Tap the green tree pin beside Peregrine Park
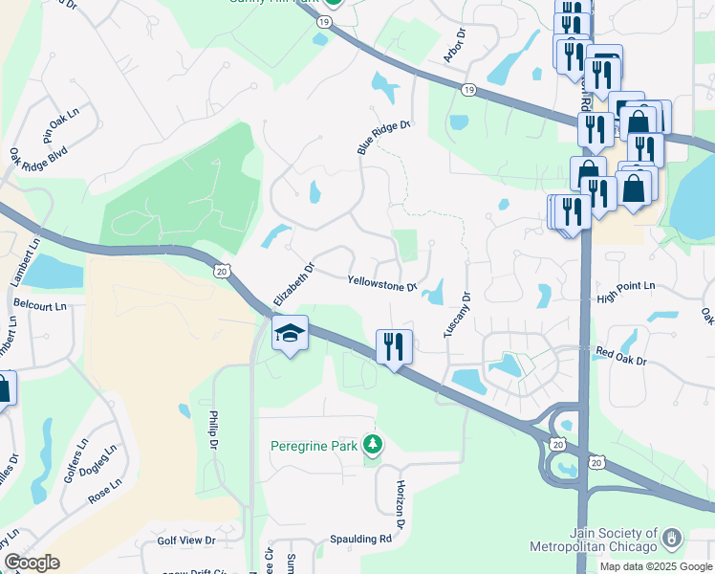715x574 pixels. (373, 446)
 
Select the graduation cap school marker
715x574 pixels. (290, 334)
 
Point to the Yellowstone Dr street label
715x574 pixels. (382, 284)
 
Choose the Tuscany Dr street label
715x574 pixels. (458, 314)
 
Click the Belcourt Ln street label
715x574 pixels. (40, 306)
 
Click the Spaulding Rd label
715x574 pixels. (361, 539)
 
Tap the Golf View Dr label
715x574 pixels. (186, 541)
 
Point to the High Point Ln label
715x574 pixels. (626, 286)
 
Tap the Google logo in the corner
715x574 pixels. (32, 563)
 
